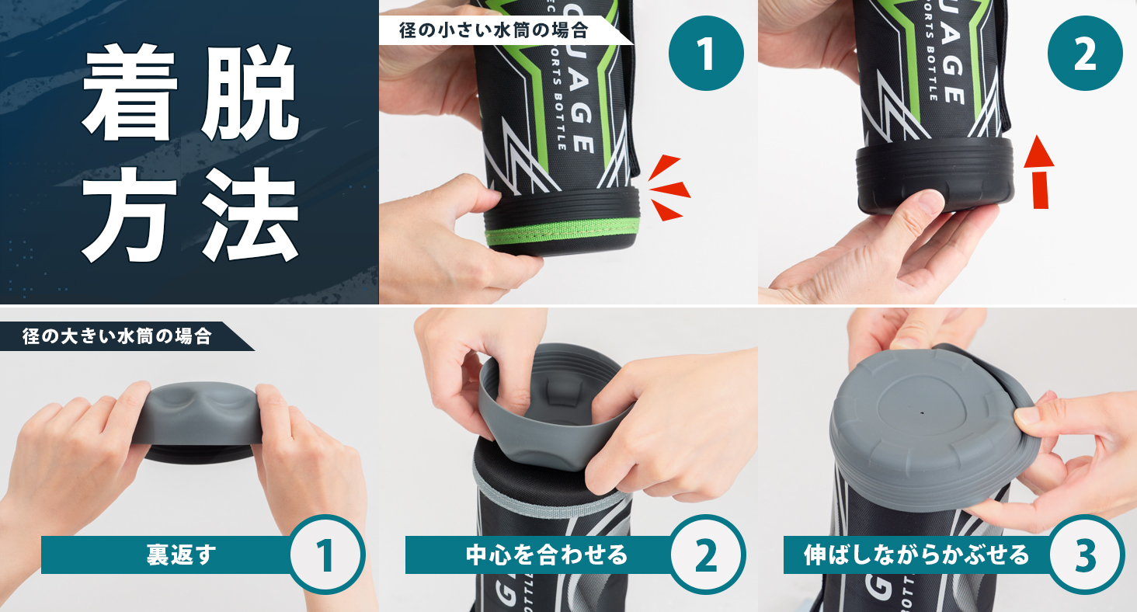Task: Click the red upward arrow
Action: pos(1040,172)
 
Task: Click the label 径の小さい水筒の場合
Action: pos(493,30)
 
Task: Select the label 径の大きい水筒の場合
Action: pos(116,336)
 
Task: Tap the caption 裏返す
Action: pos(181,555)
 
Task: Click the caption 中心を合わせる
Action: pos(547,555)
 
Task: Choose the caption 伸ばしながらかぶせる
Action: pos(916,555)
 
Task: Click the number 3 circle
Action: pos(1086,555)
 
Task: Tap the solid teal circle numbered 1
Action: pos(706,54)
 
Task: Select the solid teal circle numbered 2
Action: pos(1085,54)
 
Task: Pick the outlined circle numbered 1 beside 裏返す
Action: pos(327,555)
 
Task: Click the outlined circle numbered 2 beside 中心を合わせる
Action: pos(707,555)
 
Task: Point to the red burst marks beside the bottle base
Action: pos(669,189)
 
